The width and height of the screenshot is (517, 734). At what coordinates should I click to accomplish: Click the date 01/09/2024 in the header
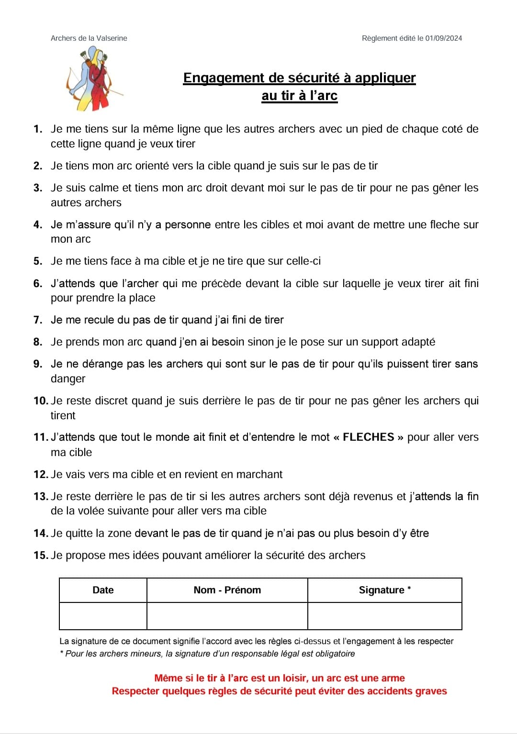[x=444, y=38]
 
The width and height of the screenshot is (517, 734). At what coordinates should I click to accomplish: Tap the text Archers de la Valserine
[x=89, y=38]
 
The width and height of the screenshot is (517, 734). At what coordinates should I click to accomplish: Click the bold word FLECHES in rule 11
[x=368, y=437]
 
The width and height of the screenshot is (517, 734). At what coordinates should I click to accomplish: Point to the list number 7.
[x=38, y=320]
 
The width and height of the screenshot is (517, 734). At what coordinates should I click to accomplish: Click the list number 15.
[x=40, y=556]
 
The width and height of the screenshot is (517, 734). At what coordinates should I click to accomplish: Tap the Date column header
[x=103, y=590]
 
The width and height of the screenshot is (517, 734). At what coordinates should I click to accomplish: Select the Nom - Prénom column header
[x=227, y=590]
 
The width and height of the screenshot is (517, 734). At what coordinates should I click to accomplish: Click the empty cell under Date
[x=103, y=616]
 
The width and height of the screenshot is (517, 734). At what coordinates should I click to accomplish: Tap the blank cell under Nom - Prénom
[x=227, y=616]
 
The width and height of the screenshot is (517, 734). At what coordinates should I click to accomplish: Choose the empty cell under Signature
[x=384, y=616]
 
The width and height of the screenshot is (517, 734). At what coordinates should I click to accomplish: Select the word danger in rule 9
[x=68, y=379]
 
